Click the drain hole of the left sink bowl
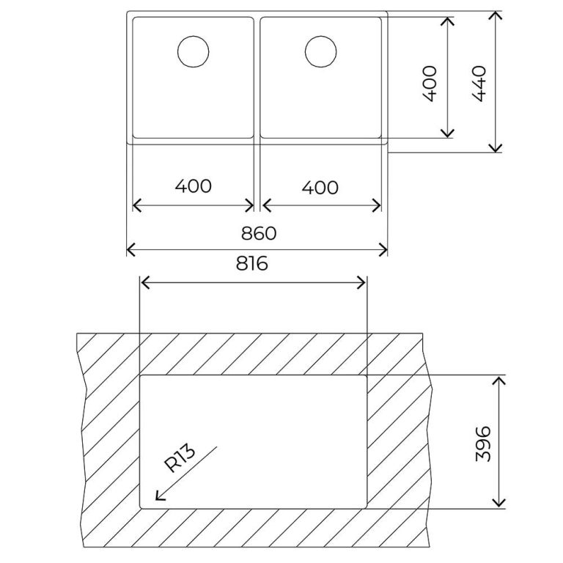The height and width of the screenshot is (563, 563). pyautogui.click(x=194, y=52)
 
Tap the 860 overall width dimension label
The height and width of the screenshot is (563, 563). pyautogui.click(x=258, y=233)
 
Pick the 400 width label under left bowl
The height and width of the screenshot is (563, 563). pyautogui.click(x=194, y=186)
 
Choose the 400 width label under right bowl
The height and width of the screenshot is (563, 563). pyautogui.click(x=320, y=188)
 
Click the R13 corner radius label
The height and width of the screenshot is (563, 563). pyautogui.click(x=180, y=460)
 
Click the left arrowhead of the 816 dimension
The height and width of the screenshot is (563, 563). pyautogui.click(x=142, y=283)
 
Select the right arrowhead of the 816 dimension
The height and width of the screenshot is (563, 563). pyautogui.click(x=363, y=283)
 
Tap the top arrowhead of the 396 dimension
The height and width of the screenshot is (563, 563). pyautogui.click(x=499, y=379)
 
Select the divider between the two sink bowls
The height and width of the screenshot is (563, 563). pyautogui.click(x=257, y=77)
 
